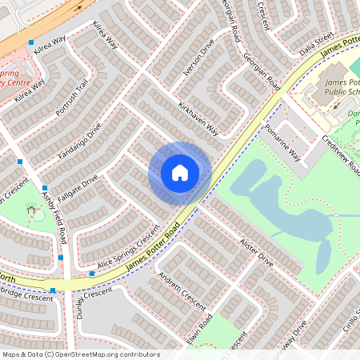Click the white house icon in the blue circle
[180, 173]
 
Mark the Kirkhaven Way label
[198, 118]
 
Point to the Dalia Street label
[315, 39]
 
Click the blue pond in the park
[296, 216]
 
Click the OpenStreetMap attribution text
[81, 354]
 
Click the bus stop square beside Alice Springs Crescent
[93, 274]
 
